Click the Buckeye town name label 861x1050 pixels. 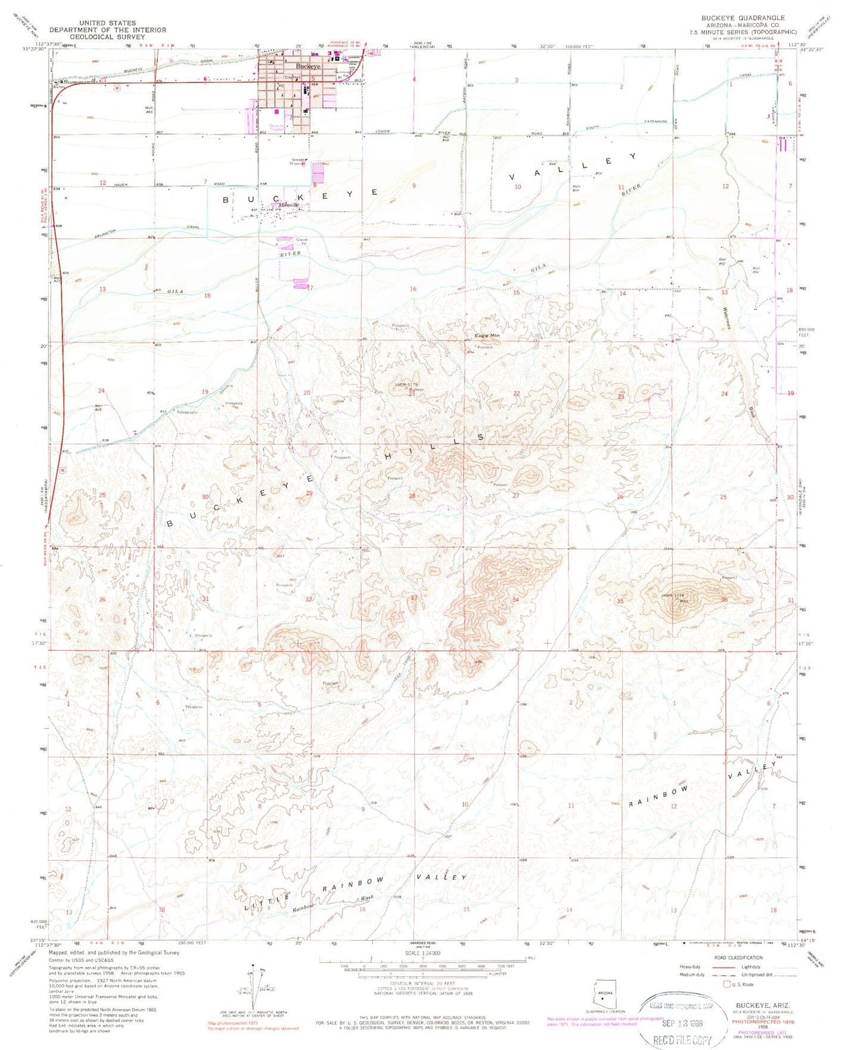click(309, 66)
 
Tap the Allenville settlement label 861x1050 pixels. click(288, 205)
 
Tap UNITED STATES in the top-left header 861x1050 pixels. click(108, 23)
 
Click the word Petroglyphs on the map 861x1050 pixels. click(187, 412)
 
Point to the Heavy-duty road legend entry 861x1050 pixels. click(691, 967)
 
